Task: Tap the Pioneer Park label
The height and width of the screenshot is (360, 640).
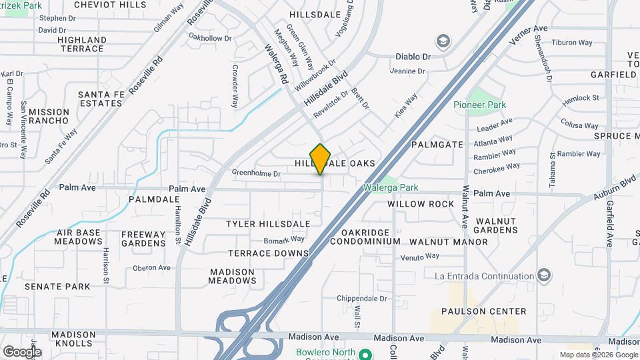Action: point(480,105)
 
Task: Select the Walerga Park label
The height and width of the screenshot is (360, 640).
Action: point(391,188)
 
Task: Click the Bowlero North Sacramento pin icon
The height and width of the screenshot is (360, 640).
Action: point(365,354)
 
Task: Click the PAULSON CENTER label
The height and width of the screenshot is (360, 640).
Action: point(484,311)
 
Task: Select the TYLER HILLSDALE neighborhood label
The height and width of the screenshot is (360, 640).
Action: point(268,224)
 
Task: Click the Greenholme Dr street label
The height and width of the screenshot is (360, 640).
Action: point(257,173)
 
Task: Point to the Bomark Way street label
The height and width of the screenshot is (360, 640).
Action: point(284,239)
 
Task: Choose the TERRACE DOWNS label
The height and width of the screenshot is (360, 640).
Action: point(269,253)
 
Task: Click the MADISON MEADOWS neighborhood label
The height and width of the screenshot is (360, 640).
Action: point(232,276)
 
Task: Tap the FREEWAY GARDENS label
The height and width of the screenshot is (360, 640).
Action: point(143,239)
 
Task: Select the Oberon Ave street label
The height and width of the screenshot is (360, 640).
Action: point(152,268)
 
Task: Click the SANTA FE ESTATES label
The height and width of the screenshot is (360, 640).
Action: point(101,99)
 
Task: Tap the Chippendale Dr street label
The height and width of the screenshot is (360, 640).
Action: point(362,299)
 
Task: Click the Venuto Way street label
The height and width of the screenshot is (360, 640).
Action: point(420,256)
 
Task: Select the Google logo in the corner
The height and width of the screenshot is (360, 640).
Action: point(22,351)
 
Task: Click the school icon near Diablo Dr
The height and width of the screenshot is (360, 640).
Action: point(442,40)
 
